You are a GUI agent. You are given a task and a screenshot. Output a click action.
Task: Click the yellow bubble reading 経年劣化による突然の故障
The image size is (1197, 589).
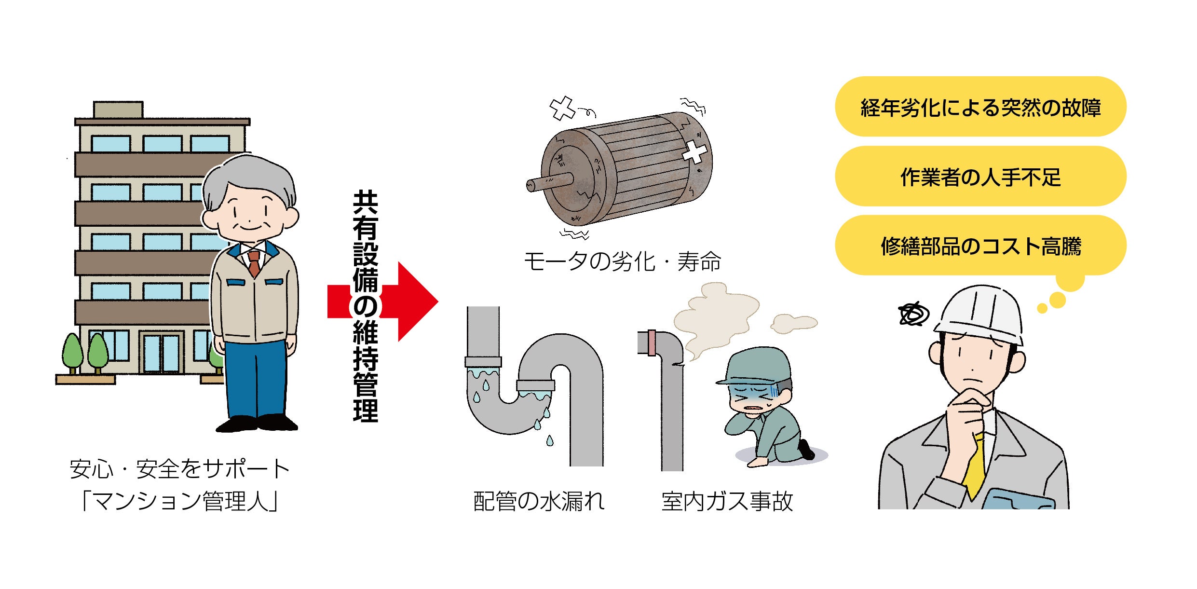tap(980, 107)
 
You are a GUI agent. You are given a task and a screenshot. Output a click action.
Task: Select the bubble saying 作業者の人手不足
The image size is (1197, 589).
tap(980, 177)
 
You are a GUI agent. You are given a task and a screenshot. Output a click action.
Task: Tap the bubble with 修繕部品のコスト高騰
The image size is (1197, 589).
tap(980, 246)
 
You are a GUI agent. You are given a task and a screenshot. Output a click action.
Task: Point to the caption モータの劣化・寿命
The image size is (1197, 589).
tap(622, 262)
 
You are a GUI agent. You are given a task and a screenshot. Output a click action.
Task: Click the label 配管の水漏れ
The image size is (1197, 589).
tap(539, 501)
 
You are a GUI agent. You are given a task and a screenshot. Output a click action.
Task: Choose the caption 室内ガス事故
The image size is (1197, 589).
tap(727, 501)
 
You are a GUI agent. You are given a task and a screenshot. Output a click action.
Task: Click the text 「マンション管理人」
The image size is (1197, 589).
tap(180, 501)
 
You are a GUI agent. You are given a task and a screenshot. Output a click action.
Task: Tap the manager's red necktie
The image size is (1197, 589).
tap(254, 263)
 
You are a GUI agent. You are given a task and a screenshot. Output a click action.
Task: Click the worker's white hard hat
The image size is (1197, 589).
tap(979, 314)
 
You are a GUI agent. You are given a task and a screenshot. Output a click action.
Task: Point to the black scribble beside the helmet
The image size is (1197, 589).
tap(913, 315)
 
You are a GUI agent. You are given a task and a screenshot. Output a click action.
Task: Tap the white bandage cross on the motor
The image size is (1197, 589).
tap(694, 152)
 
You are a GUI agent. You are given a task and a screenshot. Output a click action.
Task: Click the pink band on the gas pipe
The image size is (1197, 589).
tap(652, 342)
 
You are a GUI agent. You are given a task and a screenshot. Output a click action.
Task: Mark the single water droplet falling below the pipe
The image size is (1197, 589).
tap(550, 440)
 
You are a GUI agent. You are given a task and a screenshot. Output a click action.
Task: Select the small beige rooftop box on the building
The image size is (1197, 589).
tap(118, 110)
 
